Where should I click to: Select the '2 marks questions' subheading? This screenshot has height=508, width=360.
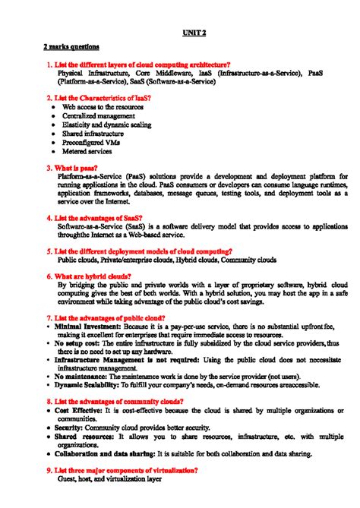(x=71, y=48)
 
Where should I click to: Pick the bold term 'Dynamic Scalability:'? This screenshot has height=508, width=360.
(x=87, y=385)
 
